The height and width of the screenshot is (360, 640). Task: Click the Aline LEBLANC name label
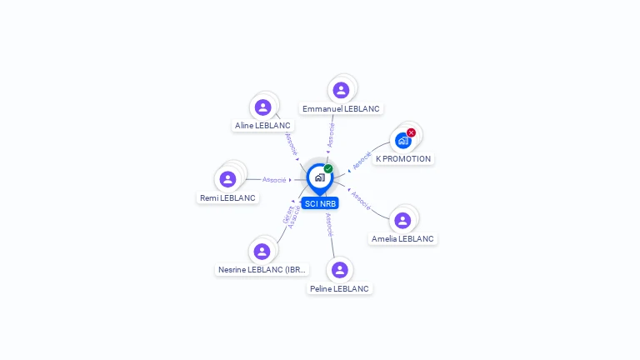262,126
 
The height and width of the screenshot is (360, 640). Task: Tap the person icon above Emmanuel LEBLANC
341,90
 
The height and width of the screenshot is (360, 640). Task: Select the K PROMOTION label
403,158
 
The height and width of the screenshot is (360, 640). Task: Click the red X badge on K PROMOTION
411,132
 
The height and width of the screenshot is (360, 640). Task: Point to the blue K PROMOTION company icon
403,141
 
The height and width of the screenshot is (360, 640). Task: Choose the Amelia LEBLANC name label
402,238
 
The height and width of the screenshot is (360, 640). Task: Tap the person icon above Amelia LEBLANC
402,220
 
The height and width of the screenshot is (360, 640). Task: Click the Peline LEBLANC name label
339,288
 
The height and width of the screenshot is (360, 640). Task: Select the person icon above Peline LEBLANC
339,270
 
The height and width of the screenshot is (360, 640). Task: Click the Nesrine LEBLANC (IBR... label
262,269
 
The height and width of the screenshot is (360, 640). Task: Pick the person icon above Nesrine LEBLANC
262,251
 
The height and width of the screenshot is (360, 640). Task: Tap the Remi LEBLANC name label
227,197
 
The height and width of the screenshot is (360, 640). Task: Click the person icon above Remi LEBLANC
227,179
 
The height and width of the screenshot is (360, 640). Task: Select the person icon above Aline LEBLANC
262,107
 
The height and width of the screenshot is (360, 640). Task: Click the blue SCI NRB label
320,203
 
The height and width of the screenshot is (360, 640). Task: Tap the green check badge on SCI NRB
328,168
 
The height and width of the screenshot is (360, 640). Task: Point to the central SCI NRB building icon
319,177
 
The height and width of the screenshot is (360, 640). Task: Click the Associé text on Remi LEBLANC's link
274,180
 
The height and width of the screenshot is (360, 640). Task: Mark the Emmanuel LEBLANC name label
341,108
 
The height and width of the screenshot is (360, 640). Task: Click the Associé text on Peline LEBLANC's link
329,224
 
